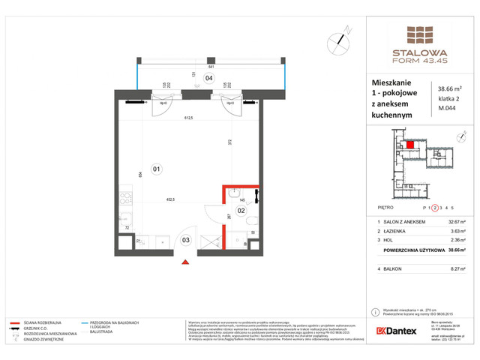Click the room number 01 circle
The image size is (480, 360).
(x=157, y=168)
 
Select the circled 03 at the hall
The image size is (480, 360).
(x=186, y=239)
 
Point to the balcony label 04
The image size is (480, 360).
(x=209, y=78)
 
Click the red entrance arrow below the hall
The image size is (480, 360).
(x=186, y=262)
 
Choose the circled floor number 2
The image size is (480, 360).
(x=435, y=208)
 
